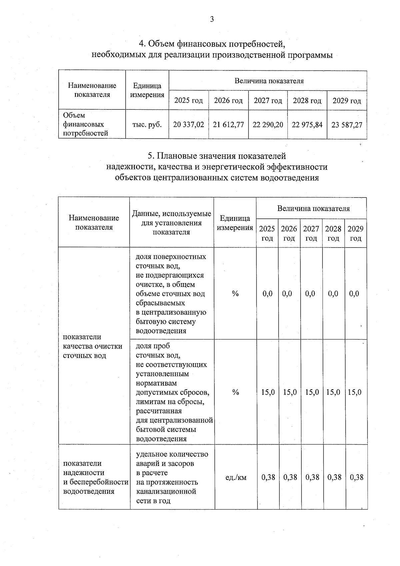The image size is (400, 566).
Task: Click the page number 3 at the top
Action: (x=212, y=19)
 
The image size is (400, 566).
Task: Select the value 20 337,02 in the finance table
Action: (x=188, y=125)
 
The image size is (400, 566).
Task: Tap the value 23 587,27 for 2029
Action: (x=347, y=125)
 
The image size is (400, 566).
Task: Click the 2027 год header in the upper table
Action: (x=268, y=100)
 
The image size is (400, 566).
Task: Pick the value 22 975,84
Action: (x=307, y=125)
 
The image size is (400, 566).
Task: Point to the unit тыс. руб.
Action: (x=147, y=125)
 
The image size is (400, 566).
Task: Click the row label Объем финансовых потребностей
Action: (x=85, y=124)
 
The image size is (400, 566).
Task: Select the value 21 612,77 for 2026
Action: (x=228, y=125)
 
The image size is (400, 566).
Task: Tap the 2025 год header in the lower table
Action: (x=267, y=233)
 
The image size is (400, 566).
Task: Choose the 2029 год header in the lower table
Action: (x=355, y=233)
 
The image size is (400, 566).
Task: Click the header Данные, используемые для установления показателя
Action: (x=171, y=222)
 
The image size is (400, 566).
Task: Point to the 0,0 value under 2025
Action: (x=267, y=294)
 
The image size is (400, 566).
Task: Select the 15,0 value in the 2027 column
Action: (x=312, y=392)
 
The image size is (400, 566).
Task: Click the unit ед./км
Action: (x=236, y=477)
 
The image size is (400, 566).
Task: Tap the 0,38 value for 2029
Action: (x=356, y=477)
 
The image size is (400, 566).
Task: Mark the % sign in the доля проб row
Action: (x=236, y=392)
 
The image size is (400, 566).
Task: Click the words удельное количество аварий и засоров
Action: (x=172, y=459)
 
